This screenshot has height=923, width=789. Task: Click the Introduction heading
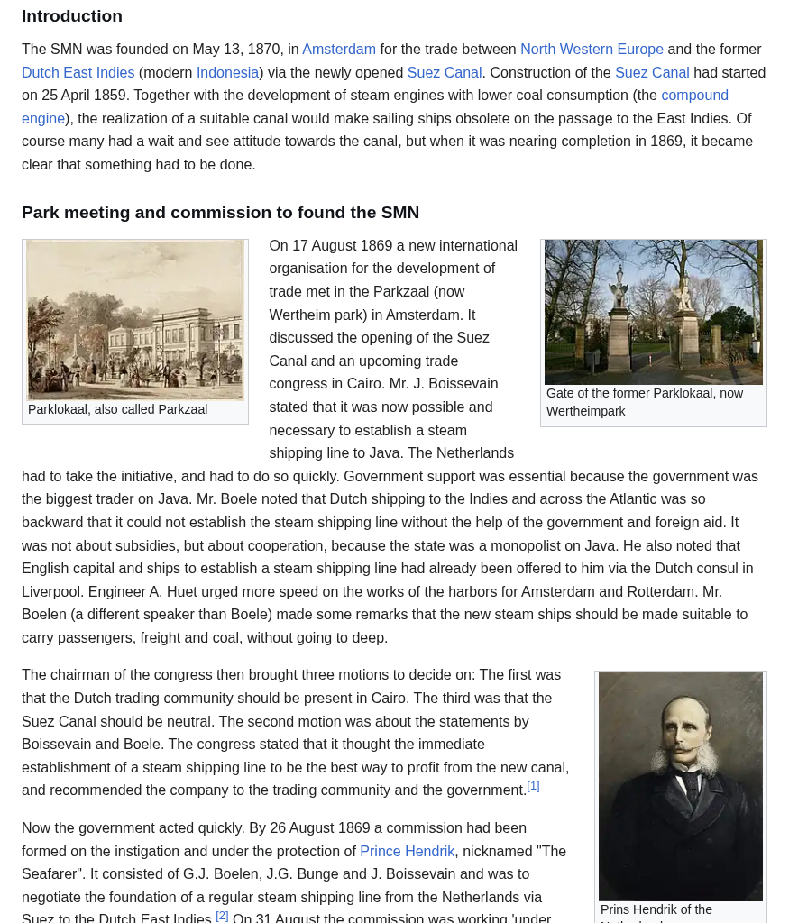(x=72, y=16)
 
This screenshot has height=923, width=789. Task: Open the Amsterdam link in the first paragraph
(x=339, y=50)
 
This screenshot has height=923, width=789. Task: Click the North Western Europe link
(x=592, y=50)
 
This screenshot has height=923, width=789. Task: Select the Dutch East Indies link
(x=78, y=73)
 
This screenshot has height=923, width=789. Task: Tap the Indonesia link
(x=227, y=73)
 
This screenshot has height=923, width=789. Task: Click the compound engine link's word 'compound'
(x=694, y=96)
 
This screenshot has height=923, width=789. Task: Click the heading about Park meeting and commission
(x=220, y=213)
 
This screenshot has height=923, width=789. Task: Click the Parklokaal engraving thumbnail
(x=135, y=320)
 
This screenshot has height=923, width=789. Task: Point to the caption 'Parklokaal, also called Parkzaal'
(x=117, y=409)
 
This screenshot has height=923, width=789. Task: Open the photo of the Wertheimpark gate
(x=653, y=312)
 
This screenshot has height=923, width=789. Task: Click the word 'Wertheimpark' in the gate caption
(x=586, y=412)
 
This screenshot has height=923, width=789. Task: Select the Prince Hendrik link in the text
(x=407, y=852)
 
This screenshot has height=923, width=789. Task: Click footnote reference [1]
(x=533, y=786)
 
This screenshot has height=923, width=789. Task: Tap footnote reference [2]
(x=222, y=916)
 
